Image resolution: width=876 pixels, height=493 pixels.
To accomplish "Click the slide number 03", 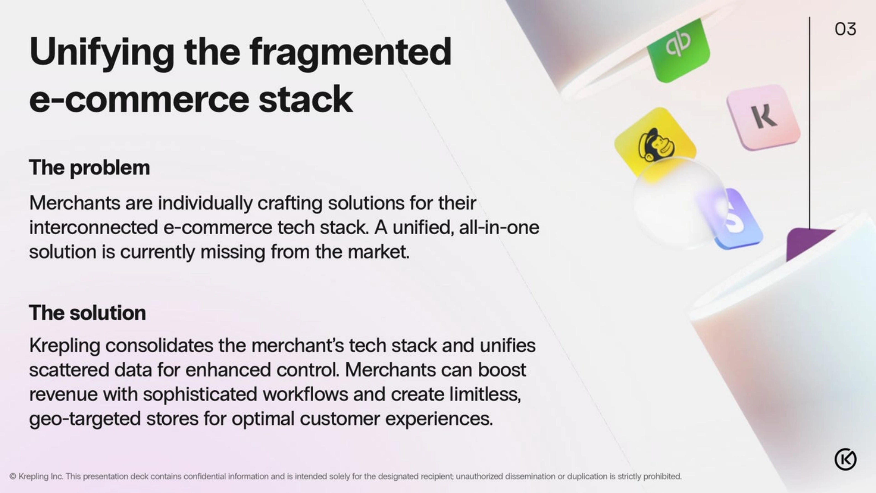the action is click(x=845, y=29).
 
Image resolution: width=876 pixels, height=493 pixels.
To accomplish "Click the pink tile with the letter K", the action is click(x=764, y=117).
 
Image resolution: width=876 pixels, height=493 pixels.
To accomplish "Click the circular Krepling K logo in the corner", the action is click(x=845, y=459).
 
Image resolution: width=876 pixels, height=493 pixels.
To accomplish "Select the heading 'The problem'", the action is click(x=89, y=168).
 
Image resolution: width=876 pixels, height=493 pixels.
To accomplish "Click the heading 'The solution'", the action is click(x=87, y=313).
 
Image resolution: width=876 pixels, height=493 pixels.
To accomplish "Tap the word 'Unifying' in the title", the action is click(x=102, y=53).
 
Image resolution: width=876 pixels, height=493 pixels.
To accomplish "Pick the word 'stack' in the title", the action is click(x=305, y=99).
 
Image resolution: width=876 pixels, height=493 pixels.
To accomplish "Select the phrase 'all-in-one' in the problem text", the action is click(x=499, y=228).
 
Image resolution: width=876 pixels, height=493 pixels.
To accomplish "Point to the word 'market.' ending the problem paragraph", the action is click(x=378, y=252).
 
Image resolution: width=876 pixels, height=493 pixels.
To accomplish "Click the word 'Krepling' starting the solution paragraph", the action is click(x=65, y=346).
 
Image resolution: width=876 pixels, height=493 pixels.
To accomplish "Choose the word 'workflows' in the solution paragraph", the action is click(x=305, y=394).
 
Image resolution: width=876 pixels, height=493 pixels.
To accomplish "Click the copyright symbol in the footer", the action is click(x=13, y=476).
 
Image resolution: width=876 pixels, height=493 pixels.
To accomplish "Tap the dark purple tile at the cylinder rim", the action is click(x=809, y=242).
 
